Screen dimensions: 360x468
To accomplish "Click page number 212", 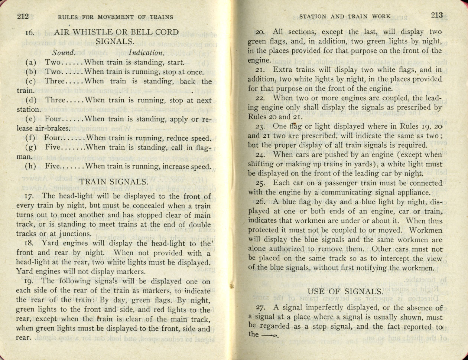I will tap(23, 16).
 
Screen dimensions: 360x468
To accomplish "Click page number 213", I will tap(437, 16).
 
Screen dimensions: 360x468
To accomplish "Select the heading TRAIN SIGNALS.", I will tap(114, 182).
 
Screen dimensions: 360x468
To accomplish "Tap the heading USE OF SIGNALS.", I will tap(345, 292).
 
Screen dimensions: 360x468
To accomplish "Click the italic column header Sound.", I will tap(64, 53).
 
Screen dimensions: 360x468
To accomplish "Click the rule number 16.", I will tap(30, 33).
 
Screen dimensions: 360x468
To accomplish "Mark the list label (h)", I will tap(31, 166).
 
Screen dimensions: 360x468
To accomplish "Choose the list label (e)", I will tap(31, 120).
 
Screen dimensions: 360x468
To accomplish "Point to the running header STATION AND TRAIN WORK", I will tap(345, 16).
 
